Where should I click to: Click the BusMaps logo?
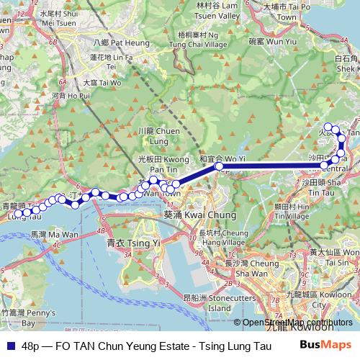(325, 346)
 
